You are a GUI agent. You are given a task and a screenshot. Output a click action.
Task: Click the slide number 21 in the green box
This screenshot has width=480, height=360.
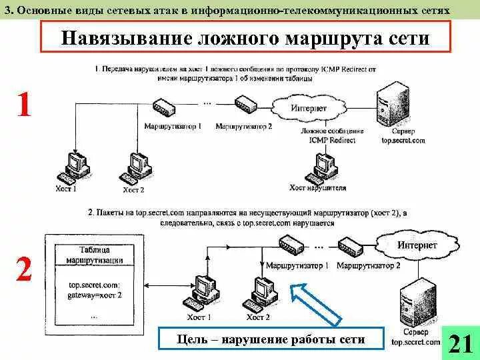[x=461, y=343]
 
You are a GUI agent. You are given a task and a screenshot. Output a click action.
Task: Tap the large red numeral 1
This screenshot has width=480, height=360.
[x=24, y=105]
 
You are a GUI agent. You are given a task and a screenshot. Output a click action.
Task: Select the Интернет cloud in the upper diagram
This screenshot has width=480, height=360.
[x=309, y=107]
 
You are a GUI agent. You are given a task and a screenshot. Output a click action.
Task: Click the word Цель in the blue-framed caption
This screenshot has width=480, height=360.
[x=193, y=340]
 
